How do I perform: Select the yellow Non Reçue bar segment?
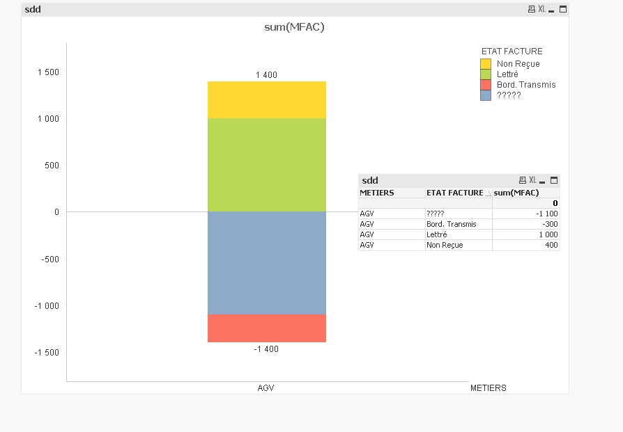click(x=267, y=99)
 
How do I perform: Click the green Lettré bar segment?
click(x=267, y=165)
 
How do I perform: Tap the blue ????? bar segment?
click(x=267, y=263)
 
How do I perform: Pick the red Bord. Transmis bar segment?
click(x=267, y=328)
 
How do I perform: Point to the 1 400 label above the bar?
click(x=267, y=75)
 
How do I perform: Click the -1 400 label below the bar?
click(x=266, y=349)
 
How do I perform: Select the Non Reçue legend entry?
click(x=518, y=64)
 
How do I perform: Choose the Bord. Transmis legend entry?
click(x=526, y=85)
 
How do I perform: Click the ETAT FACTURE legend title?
click(x=512, y=51)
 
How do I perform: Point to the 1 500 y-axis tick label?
click(x=48, y=72)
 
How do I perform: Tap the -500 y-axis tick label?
click(x=50, y=259)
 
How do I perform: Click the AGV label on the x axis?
click(x=266, y=387)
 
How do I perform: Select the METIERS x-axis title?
click(x=489, y=387)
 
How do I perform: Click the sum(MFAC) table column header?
click(x=517, y=193)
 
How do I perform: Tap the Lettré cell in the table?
click(x=436, y=234)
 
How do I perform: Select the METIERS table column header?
click(x=377, y=193)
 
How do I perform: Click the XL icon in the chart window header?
click(x=541, y=9)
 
